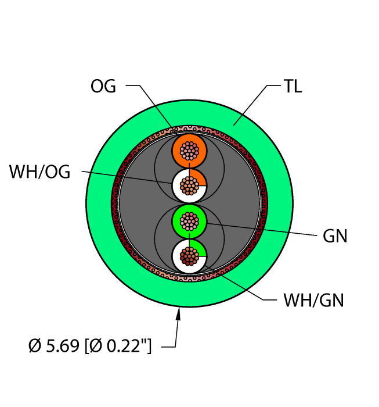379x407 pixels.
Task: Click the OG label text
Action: (103, 86)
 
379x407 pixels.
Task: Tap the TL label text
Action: (293, 86)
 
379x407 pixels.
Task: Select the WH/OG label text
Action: (39, 172)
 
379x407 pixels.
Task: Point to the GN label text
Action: (335, 236)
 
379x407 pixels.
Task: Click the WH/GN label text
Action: (313, 301)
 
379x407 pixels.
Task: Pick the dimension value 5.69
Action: (62, 346)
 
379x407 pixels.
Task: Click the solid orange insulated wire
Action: (189, 151)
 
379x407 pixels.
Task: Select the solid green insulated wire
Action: (189, 222)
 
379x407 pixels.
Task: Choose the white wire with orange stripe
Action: (189, 186)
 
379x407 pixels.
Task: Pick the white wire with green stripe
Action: (189, 256)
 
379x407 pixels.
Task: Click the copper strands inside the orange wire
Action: (189, 151)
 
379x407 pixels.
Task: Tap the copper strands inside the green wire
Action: (189, 222)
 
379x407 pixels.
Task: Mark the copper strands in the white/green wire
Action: (189, 256)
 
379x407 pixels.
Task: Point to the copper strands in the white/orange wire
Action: (189, 186)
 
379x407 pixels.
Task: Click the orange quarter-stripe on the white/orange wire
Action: (199, 177)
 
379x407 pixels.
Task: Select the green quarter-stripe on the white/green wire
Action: (199, 248)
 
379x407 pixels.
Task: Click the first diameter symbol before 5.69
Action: (35, 346)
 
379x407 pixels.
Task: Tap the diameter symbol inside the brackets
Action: (96, 346)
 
